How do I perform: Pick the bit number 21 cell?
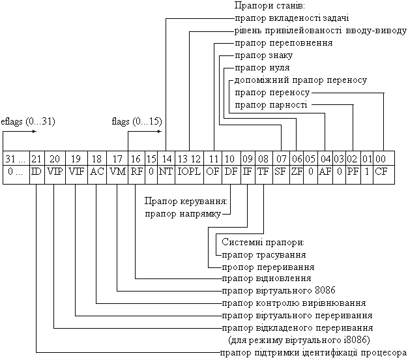coord(37,158)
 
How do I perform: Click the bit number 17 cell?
coord(117,158)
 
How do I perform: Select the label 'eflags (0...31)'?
coord(28,121)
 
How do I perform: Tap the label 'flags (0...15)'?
coord(137,121)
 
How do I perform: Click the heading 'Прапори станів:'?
coord(270,6)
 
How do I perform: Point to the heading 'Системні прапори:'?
coord(263,243)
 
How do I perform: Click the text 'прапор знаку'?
coord(264,55)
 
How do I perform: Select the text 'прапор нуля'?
coord(262,68)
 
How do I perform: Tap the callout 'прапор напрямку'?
coord(183,214)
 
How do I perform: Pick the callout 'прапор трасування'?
coord(264,255)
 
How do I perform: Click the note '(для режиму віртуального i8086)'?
coord(299,340)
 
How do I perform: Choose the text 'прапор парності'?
coord(271,105)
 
